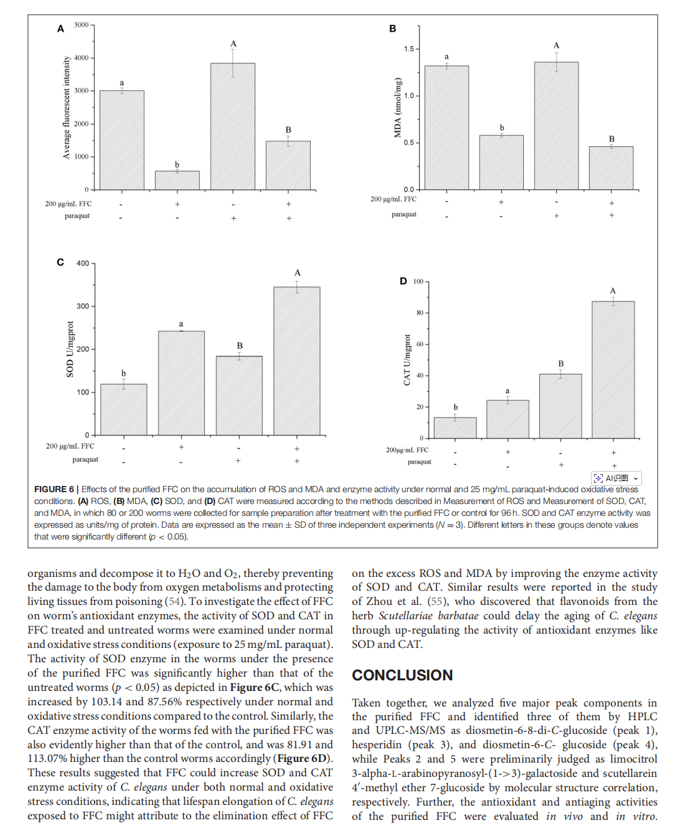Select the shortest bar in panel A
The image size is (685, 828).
177,180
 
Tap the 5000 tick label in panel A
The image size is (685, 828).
81,25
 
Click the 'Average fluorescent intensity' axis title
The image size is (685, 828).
67,107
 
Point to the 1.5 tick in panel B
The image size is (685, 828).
409,49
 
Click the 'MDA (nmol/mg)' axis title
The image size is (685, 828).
398,107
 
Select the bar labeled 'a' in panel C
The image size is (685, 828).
181,383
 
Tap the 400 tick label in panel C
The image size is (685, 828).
83,264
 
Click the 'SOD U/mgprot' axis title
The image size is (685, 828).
70,349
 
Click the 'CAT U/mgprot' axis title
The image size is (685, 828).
407,359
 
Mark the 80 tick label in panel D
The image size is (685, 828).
420,313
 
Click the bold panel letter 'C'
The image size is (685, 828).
60,262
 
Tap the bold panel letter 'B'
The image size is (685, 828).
392,29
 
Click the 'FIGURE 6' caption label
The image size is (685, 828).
54,489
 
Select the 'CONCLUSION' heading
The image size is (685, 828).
402,675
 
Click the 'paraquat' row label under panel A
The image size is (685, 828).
77,216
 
